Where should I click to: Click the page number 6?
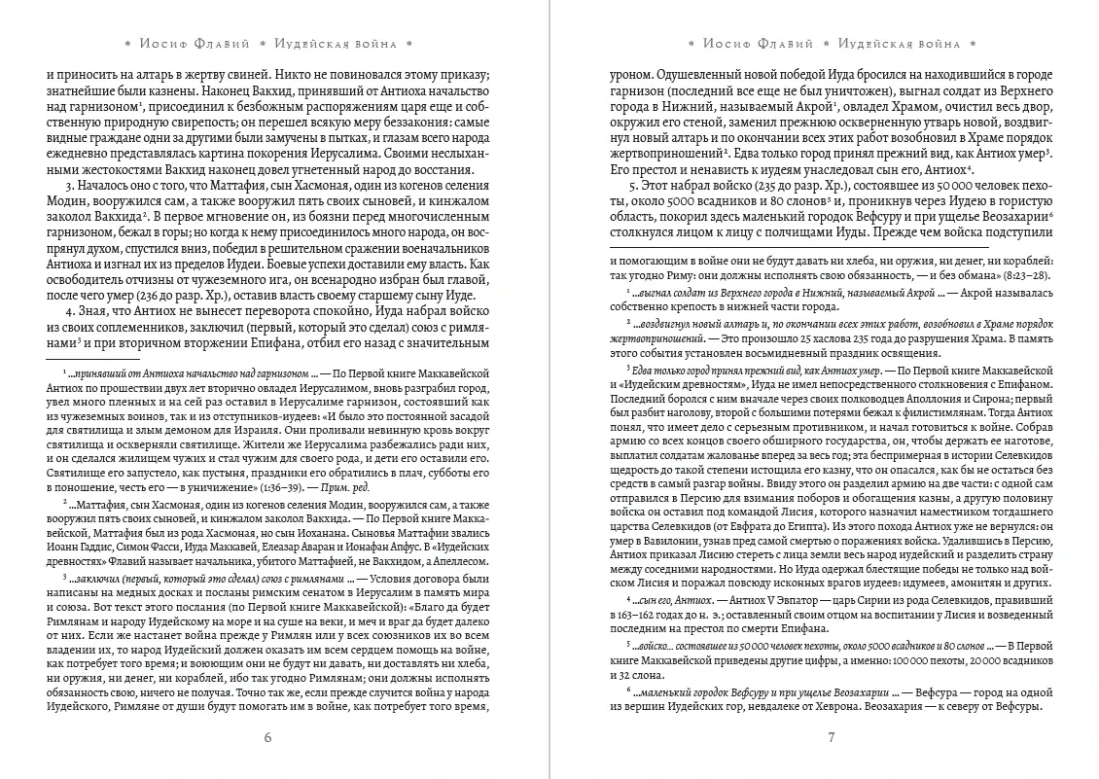(267, 736)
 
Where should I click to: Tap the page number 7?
(832, 736)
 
